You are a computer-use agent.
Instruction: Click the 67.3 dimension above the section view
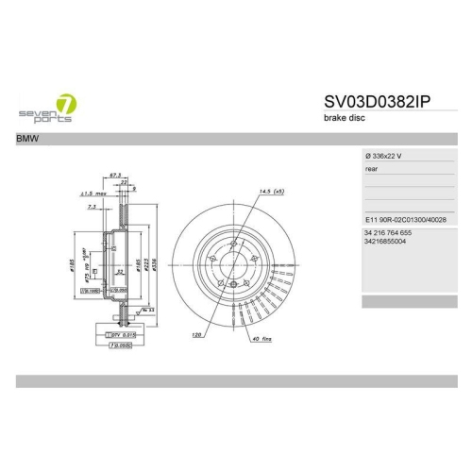click(116, 175)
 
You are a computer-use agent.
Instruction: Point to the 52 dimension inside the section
click(122, 271)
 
